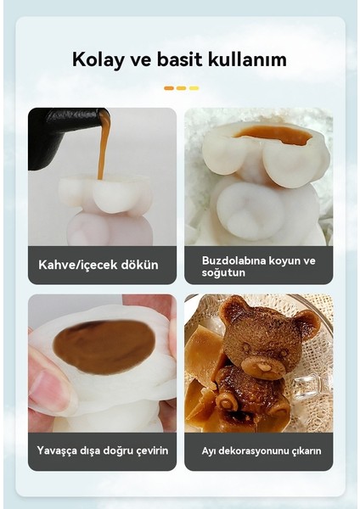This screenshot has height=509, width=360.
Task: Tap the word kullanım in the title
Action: click(250, 60)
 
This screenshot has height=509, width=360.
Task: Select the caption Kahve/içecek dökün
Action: click(98, 265)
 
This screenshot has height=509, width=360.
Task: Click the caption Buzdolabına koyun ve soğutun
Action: click(258, 265)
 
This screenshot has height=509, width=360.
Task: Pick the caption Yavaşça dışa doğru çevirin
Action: click(102, 450)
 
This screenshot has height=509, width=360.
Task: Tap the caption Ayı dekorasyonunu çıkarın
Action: click(262, 450)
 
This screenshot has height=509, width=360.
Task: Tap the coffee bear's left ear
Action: click(232, 310)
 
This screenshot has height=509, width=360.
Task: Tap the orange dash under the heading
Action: click(169, 88)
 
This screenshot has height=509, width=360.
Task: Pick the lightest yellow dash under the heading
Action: click(194, 88)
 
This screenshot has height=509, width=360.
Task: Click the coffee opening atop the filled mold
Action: click(274, 134)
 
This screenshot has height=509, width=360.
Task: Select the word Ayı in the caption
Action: click(208, 450)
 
